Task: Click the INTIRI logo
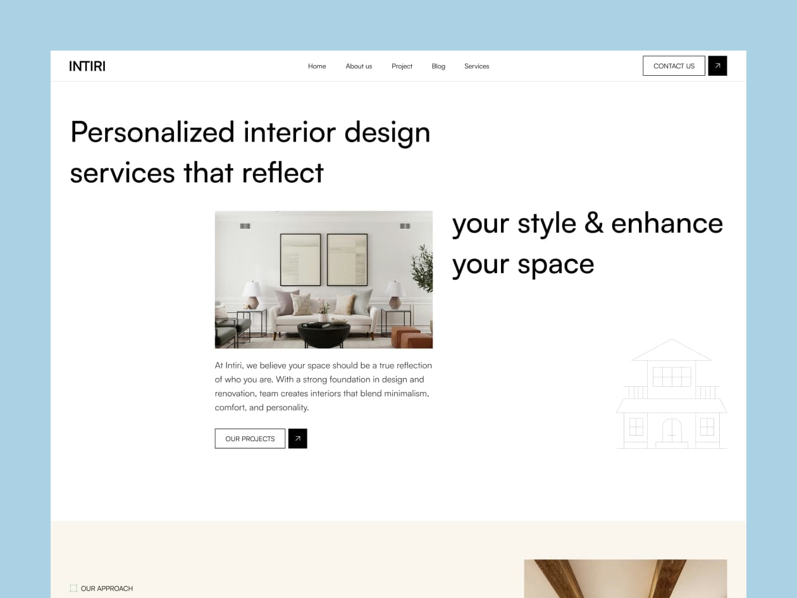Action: click(x=87, y=66)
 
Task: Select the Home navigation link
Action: click(x=317, y=66)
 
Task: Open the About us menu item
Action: click(x=359, y=66)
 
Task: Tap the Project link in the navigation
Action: click(x=402, y=66)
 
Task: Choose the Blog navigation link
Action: click(x=438, y=66)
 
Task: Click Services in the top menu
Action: click(x=477, y=66)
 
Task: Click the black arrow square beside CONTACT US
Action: click(x=717, y=66)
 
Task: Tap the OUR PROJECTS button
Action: click(x=250, y=438)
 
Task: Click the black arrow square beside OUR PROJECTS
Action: click(x=298, y=438)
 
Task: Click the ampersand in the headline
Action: click(x=594, y=223)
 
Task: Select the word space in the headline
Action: click(x=556, y=265)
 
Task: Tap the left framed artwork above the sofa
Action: click(x=300, y=259)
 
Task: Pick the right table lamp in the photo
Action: click(x=395, y=294)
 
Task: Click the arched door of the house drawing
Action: click(x=672, y=430)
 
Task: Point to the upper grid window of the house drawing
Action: click(x=672, y=377)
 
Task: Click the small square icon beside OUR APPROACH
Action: click(x=73, y=589)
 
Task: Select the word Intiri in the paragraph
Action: click(x=233, y=365)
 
